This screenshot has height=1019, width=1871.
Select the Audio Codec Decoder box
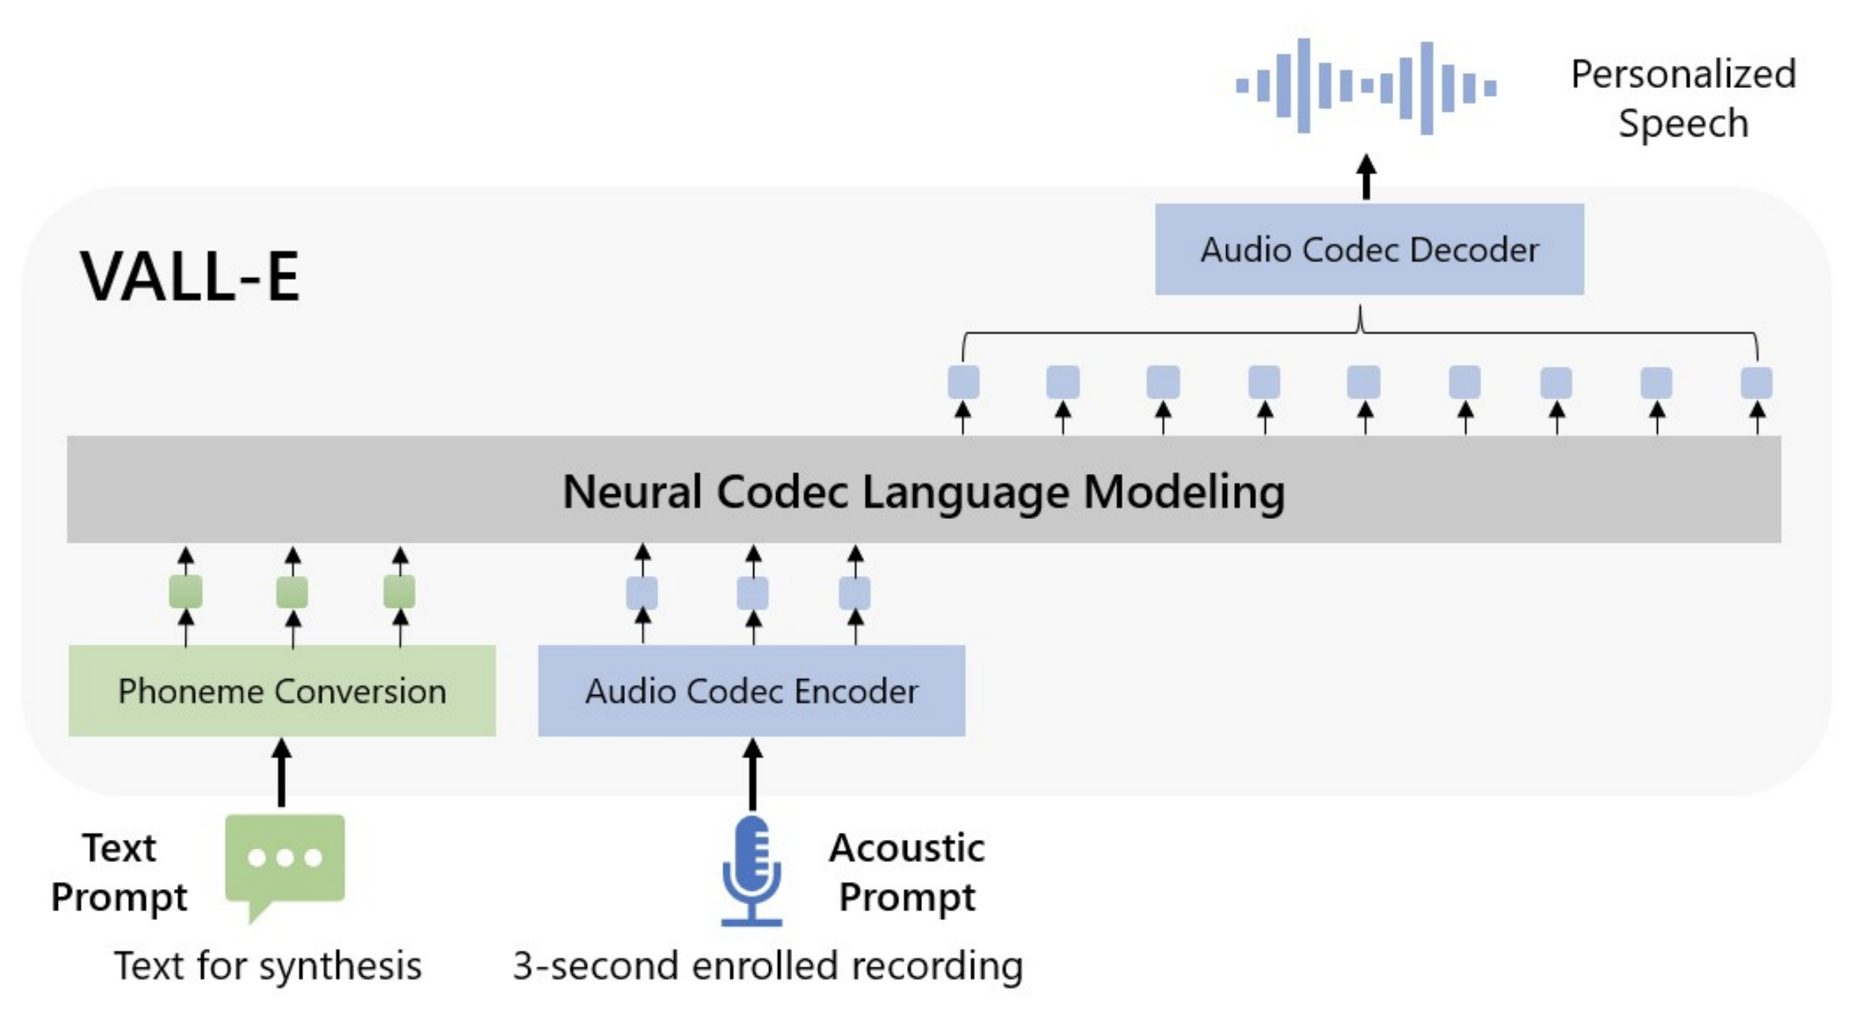point(1369,250)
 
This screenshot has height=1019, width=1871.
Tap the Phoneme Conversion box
point(282,691)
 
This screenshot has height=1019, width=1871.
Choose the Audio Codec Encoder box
point(751,691)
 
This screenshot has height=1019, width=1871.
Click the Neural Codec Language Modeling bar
point(924,490)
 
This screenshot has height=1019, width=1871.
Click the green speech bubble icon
point(284,860)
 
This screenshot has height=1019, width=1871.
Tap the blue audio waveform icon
point(1366,86)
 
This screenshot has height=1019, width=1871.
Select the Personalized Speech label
point(1683,98)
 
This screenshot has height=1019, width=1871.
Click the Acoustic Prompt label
point(907,872)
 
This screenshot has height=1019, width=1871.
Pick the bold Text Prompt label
point(119,872)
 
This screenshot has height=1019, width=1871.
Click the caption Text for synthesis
point(268,966)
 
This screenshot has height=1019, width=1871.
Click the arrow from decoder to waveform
point(1366,176)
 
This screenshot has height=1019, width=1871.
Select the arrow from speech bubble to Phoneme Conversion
point(281,773)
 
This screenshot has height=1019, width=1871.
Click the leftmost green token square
point(185,592)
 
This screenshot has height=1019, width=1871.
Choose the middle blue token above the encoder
point(753,593)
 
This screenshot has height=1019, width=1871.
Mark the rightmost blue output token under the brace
point(1756,383)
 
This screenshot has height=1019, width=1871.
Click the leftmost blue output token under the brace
point(963,383)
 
